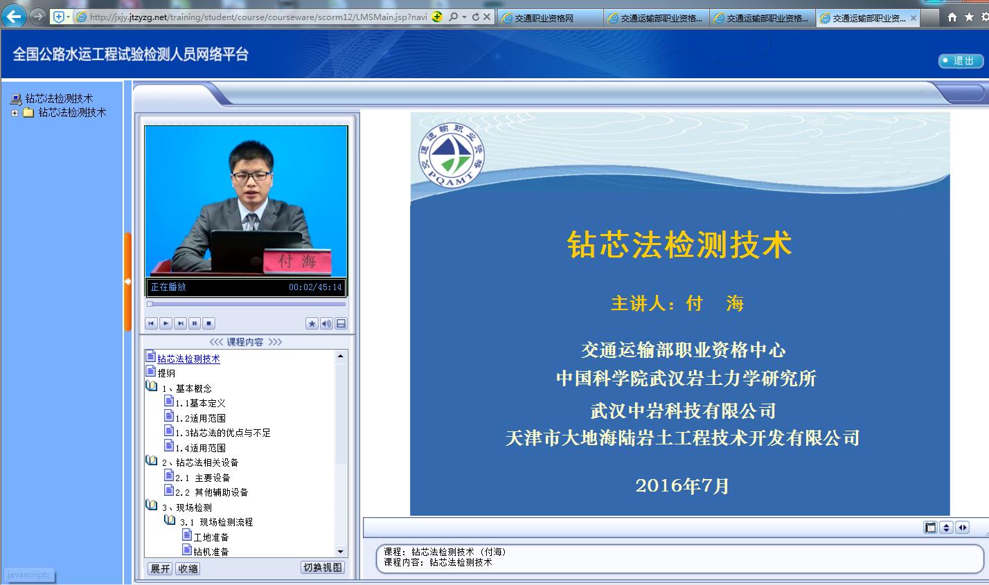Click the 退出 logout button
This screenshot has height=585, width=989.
[961, 60]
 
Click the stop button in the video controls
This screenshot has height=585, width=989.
[209, 323]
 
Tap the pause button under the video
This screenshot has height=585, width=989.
[195, 323]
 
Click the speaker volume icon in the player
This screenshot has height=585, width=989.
[326, 323]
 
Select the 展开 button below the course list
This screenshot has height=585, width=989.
[160, 568]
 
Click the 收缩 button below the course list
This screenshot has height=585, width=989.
[188, 568]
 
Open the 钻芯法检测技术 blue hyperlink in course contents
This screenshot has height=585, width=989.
[188, 359]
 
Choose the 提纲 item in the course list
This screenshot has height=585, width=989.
[166, 373]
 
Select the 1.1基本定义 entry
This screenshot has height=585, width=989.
[200, 403]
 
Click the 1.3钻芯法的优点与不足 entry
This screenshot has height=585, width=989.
[223, 433]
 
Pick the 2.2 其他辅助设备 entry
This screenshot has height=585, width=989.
[211, 492]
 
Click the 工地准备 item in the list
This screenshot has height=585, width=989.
[211, 537]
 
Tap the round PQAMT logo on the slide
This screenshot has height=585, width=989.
[452, 155]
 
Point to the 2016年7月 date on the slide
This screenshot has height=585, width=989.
[682, 486]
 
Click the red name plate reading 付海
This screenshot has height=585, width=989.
[297, 261]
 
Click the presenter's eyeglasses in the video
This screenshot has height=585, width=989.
[251, 176]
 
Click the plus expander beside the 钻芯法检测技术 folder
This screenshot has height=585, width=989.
[15, 113]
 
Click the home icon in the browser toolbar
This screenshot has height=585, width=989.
[952, 17]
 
